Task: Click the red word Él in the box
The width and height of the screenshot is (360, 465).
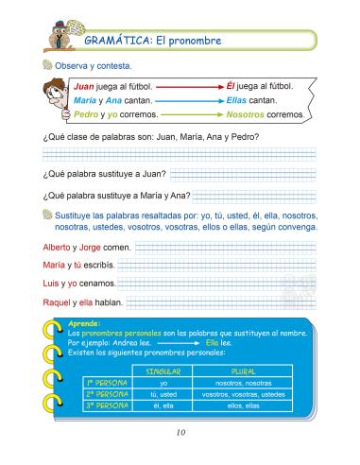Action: click(x=231, y=85)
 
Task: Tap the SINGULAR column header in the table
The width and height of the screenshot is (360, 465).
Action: click(x=163, y=371)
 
